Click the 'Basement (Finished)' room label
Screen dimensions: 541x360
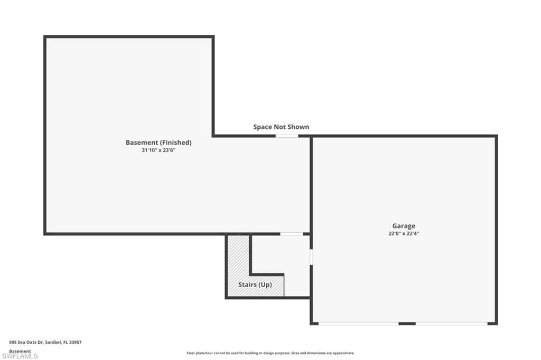(x=158, y=143)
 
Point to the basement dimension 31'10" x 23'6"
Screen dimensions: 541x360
(x=158, y=150)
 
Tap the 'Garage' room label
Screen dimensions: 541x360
(x=404, y=226)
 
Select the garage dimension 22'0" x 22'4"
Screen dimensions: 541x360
(x=404, y=233)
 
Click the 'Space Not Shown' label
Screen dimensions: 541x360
(x=281, y=127)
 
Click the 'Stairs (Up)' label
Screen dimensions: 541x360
(x=255, y=285)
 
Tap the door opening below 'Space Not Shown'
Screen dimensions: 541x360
(x=287, y=136)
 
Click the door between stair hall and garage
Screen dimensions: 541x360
(x=311, y=257)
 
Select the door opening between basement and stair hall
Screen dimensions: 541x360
(x=292, y=234)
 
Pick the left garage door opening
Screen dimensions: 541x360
(x=359, y=324)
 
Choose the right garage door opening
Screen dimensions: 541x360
(x=452, y=324)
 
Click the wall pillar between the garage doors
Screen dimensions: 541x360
(x=407, y=324)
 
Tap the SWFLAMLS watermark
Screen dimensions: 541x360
(x=20, y=356)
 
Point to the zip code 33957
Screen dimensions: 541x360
(x=75, y=343)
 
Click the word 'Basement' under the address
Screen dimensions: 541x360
(x=20, y=351)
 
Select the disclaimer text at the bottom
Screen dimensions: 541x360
(x=270, y=353)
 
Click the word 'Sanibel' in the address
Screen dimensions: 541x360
(x=53, y=343)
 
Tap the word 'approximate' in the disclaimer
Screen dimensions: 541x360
(x=343, y=353)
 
